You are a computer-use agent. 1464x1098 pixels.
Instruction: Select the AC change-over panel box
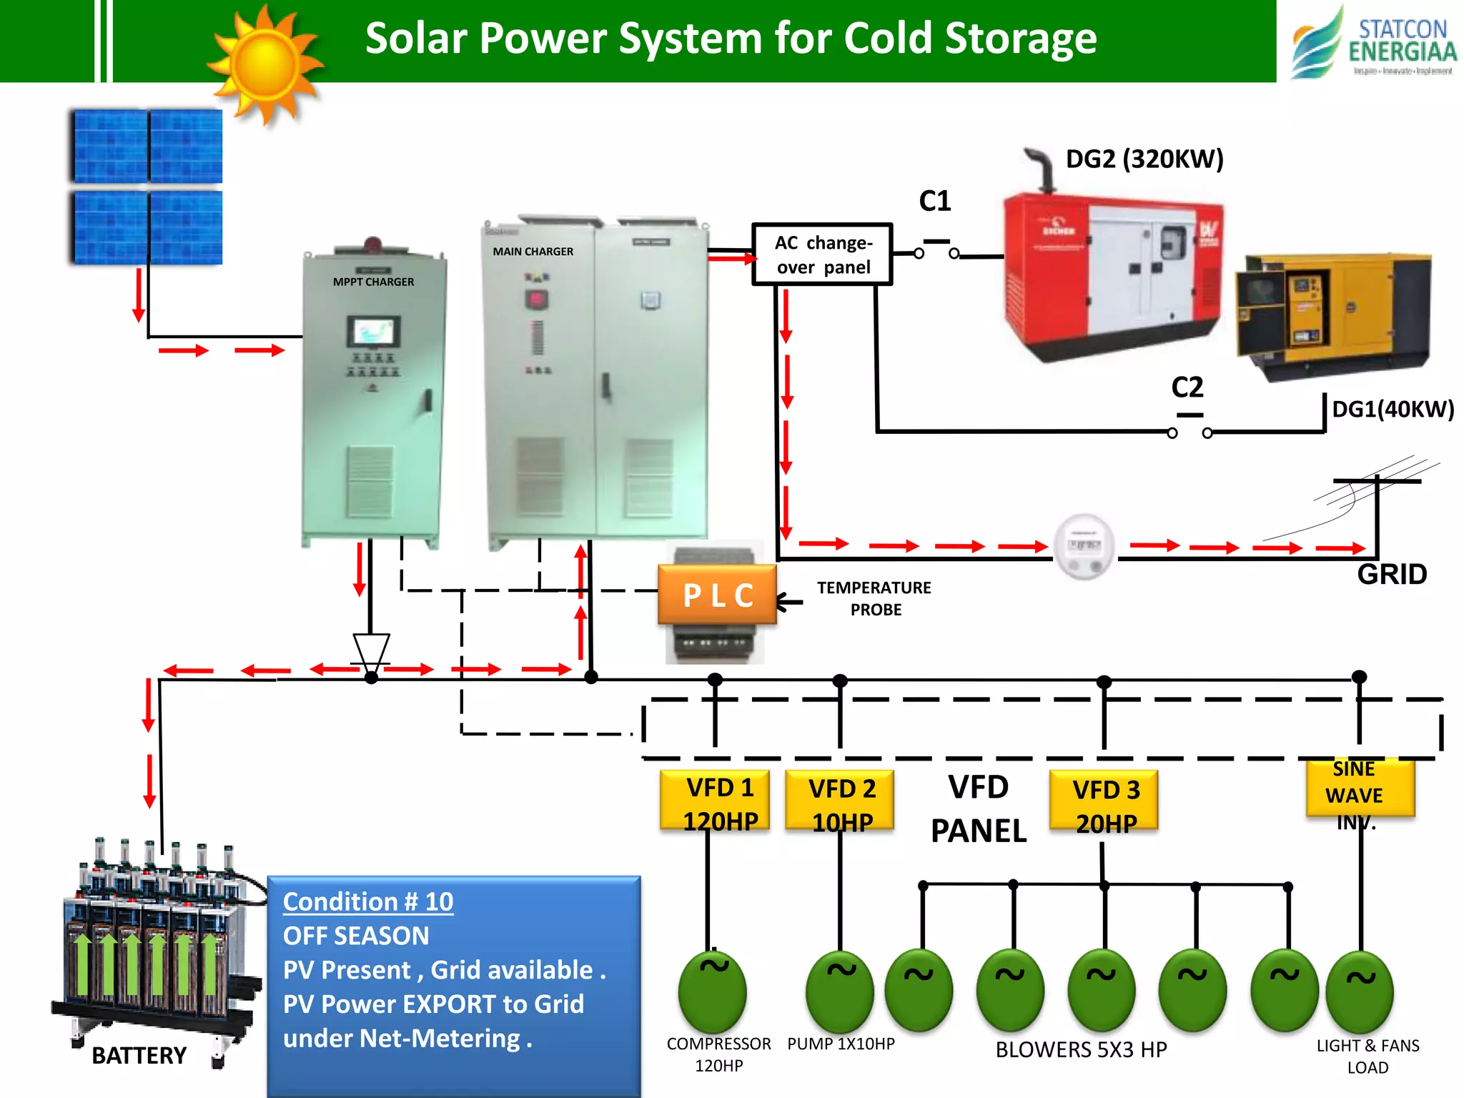(x=822, y=254)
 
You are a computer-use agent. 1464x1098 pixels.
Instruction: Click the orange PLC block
(x=717, y=595)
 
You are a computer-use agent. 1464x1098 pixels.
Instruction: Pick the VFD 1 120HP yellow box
(x=716, y=801)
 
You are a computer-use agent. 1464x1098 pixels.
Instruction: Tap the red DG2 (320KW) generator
(x=1112, y=275)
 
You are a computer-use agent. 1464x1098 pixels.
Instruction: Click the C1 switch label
(x=935, y=201)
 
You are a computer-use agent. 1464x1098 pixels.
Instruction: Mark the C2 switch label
(x=1187, y=387)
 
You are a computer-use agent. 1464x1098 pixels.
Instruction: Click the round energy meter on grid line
(x=1084, y=547)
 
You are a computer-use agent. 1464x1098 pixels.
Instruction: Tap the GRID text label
(x=1391, y=574)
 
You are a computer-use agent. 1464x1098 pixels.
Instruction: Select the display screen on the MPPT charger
(x=373, y=332)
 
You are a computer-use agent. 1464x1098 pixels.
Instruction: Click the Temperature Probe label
(x=874, y=598)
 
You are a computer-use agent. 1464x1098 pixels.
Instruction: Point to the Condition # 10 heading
(x=368, y=902)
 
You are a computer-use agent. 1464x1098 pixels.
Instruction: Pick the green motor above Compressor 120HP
(x=713, y=992)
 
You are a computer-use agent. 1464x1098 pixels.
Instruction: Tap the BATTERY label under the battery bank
(x=139, y=1055)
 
